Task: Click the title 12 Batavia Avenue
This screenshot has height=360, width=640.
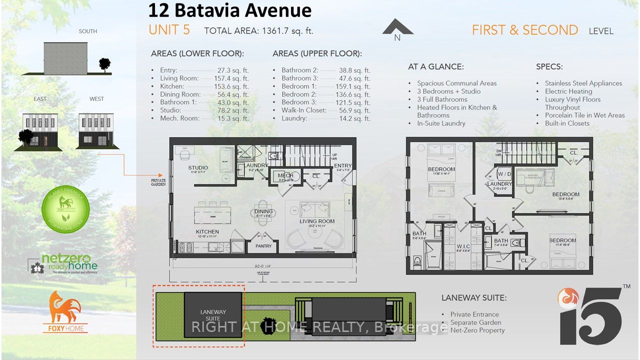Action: [x=229, y=10]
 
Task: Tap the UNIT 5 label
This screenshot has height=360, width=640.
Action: [x=169, y=30]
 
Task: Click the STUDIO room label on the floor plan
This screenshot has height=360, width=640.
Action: [x=198, y=167]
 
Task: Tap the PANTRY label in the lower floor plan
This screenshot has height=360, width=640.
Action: [x=263, y=246]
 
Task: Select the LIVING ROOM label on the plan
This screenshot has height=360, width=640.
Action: [x=317, y=221]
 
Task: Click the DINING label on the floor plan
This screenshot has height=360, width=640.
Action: [x=263, y=211]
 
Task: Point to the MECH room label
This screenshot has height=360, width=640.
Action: [x=285, y=175]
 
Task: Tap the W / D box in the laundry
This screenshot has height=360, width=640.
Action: [x=504, y=174]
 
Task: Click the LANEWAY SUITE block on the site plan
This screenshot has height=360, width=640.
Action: [x=213, y=315]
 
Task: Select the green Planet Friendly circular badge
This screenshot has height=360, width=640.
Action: [x=65, y=209]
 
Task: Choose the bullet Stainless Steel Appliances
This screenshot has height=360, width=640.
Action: [x=583, y=83]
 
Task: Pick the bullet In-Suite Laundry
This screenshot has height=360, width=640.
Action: [x=442, y=123]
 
